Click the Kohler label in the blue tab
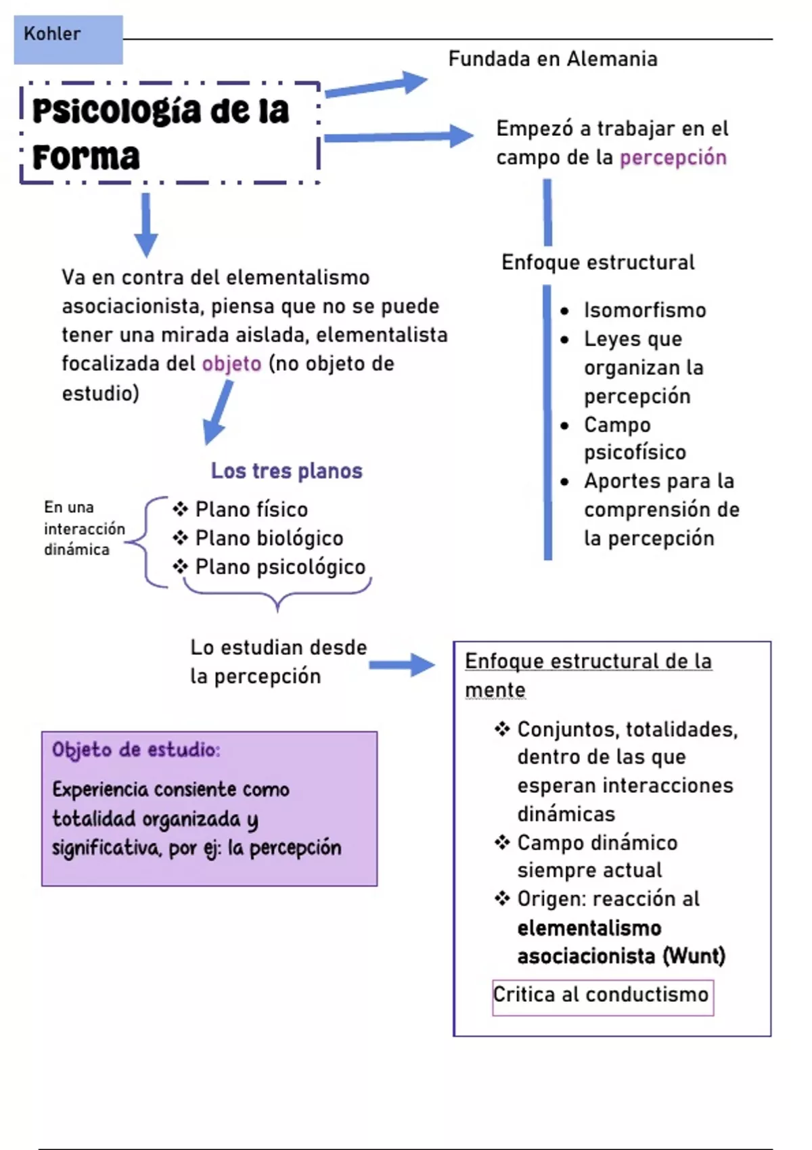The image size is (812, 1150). [52, 34]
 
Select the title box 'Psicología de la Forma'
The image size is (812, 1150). [170, 133]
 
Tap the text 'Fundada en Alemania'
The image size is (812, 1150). [553, 59]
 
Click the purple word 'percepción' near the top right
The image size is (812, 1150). [673, 158]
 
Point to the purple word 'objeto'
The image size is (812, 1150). [231, 364]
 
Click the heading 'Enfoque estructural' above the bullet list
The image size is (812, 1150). [597, 262]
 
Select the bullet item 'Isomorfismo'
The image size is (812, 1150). [645, 310]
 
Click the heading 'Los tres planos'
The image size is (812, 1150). [287, 471]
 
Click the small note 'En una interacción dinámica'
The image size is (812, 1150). [84, 528]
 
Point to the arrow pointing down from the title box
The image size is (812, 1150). [146, 225]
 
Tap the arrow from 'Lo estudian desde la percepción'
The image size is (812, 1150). [402, 666]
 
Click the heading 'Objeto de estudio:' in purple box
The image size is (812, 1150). [136, 750]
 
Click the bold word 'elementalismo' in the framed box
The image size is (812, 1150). [589, 928]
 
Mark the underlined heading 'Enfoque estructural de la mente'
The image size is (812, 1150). [588, 675]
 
